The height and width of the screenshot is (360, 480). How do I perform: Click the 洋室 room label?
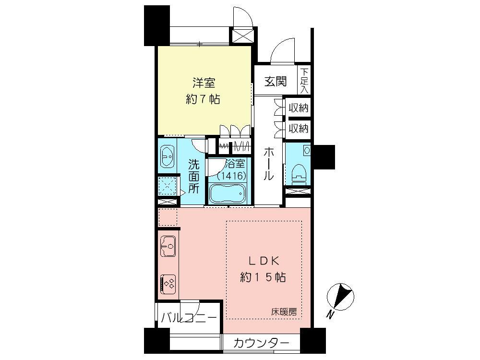203,82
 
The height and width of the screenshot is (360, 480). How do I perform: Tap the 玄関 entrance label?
276,81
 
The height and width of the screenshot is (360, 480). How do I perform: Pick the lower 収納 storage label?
298,128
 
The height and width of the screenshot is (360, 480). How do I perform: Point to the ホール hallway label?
269,164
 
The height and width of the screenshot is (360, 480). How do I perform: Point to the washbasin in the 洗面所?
167,155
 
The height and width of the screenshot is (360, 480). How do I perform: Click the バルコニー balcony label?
189,318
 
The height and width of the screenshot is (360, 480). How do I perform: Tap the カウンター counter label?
262,343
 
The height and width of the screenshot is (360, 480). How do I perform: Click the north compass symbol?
341,296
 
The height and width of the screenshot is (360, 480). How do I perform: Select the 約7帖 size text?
203,99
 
